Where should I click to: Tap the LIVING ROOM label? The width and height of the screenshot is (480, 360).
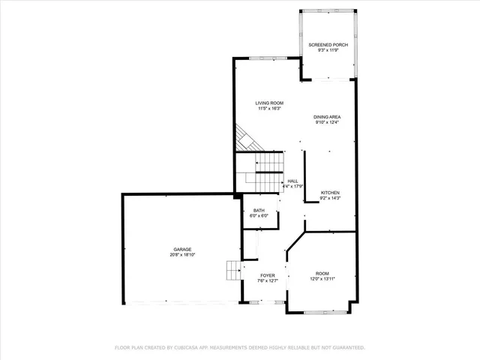tap(269, 103)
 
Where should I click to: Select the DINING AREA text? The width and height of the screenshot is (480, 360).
tap(328, 117)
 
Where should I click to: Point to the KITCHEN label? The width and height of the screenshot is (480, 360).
tap(331, 193)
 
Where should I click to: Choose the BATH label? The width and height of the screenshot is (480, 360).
tap(259, 211)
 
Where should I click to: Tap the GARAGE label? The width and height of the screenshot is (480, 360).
tap(182, 249)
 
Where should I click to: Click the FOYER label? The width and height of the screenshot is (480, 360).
tap(268, 275)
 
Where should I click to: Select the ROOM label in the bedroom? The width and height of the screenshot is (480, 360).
tap(322, 273)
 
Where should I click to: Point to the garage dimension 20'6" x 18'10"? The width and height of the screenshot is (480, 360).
tap(182, 254)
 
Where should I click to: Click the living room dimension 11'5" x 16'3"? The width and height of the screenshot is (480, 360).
tap(269, 108)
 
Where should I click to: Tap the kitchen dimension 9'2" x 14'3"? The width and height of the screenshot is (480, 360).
tap(331, 198)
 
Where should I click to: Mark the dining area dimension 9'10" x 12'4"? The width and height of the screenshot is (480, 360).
tap(328, 122)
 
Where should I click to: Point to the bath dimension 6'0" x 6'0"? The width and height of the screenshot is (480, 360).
tap(259, 216)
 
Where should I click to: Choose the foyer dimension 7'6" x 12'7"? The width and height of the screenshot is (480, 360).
tap(268, 280)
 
